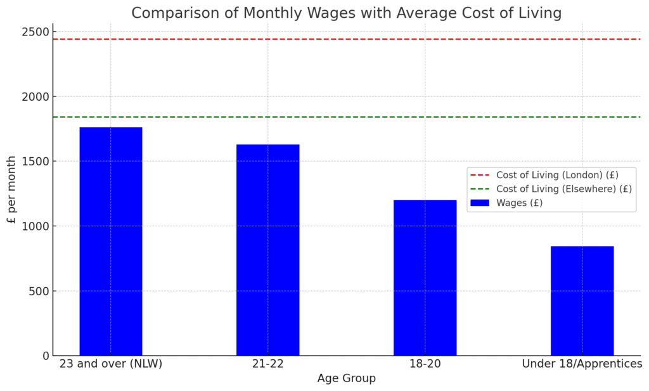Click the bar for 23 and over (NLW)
point(111,241)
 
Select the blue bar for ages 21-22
point(267,250)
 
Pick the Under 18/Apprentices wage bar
point(582,300)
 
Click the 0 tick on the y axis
point(46,356)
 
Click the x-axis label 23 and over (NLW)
point(111,364)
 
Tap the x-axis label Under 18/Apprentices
point(582,364)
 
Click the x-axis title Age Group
point(346,378)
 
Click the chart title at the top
point(346,13)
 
